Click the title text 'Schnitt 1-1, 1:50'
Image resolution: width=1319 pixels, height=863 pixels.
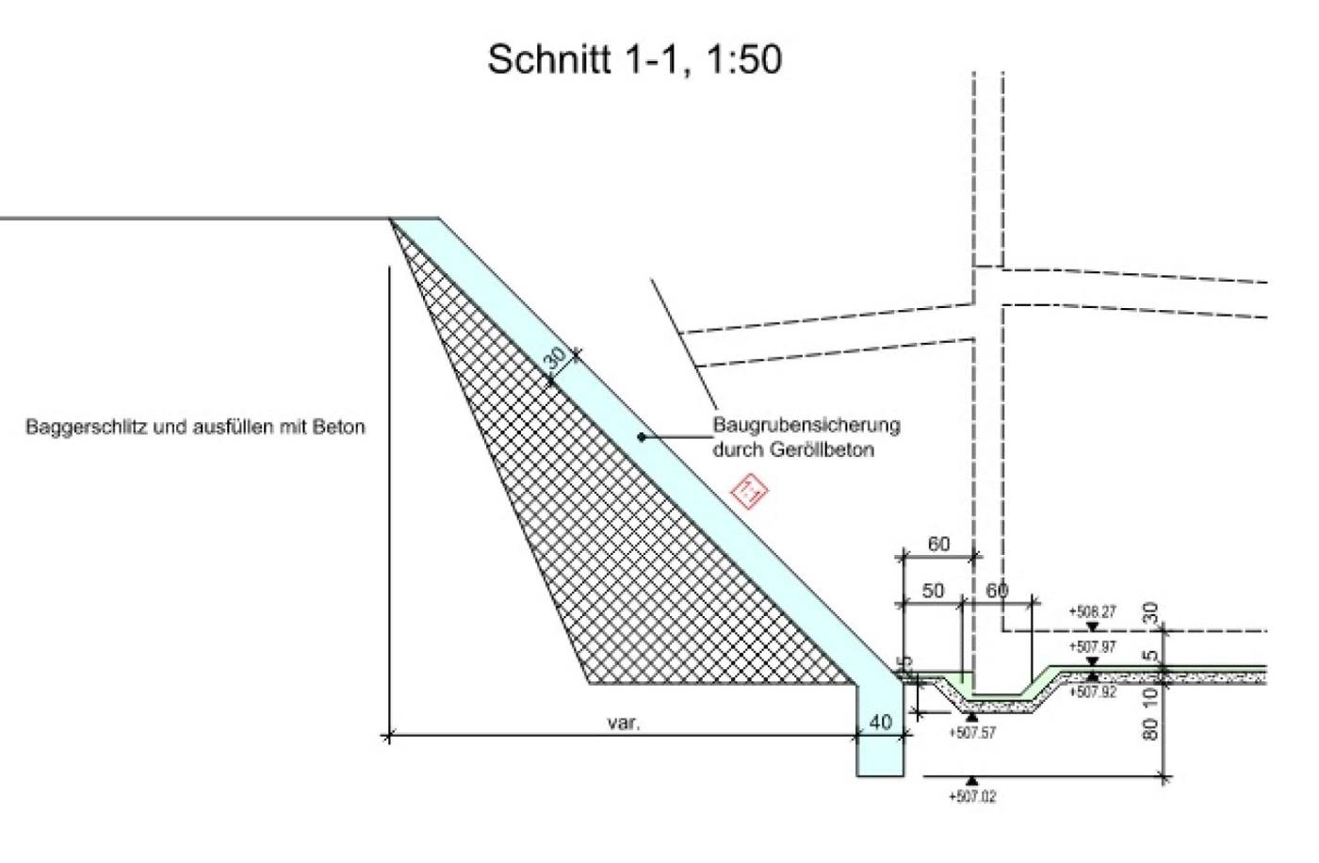point(634,59)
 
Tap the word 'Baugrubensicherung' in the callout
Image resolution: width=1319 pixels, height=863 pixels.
point(806,425)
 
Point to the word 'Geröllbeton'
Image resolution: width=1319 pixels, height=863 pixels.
point(832,449)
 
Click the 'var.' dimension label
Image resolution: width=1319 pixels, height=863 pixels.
point(624,724)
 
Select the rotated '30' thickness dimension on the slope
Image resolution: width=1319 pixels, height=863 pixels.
point(556,359)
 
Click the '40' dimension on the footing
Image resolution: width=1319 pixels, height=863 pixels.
point(880,723)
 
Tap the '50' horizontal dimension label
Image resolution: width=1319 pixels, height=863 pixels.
point(933,591)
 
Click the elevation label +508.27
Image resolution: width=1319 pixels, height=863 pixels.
point(1092,611)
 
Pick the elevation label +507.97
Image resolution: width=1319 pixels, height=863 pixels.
point(1092,647)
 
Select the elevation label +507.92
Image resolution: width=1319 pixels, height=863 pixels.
point(1092,692)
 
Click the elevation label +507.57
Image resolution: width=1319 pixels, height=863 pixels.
point(972,733)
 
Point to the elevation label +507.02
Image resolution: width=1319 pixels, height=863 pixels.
point(972,797)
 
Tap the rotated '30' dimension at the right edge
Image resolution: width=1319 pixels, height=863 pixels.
point(1150,612)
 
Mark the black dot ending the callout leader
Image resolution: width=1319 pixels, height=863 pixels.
point(642,436)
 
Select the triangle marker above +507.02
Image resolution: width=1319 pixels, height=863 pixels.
point(972,781)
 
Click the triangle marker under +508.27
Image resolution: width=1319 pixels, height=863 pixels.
point(1092,627)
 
